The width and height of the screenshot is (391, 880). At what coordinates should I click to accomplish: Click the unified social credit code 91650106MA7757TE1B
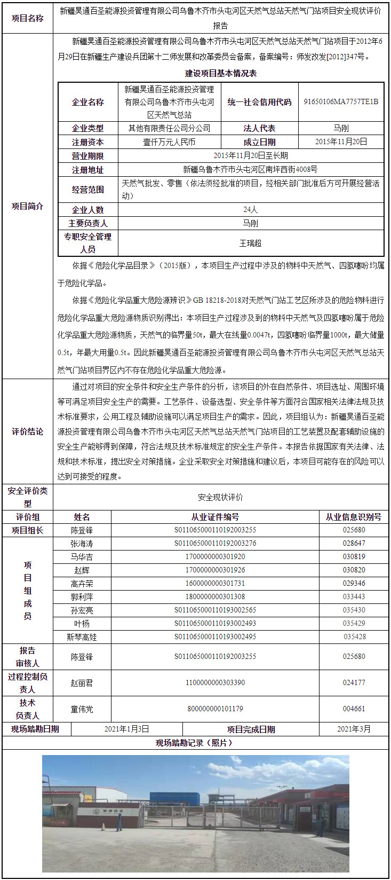[341, 101]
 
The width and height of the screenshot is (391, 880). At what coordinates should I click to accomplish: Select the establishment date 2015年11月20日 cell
[341, 142]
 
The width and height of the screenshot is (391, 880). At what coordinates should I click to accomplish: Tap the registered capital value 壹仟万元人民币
[169, 142]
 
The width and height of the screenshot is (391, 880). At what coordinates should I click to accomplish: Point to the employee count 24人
[250, 209]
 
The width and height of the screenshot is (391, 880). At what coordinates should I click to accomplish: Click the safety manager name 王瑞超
[250, 243]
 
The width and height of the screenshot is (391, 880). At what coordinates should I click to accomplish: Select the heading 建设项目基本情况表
[220, 73]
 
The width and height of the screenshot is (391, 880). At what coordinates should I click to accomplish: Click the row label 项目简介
[28, 206]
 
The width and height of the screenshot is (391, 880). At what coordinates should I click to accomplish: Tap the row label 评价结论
[28, 431]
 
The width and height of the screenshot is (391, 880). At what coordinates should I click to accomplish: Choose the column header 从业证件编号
[215, 517]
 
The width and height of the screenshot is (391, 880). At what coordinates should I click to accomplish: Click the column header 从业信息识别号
[354, 517]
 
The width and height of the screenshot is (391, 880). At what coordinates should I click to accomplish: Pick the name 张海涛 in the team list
[82, 544]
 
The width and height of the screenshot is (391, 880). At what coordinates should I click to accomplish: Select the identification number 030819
[354, 557]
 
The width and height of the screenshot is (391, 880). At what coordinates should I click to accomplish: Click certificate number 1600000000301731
[215, 584]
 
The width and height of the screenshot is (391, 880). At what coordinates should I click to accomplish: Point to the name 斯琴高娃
[82, 637]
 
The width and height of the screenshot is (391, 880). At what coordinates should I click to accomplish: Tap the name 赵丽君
[82, 683]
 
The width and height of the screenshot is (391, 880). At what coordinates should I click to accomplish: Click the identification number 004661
[354, 709]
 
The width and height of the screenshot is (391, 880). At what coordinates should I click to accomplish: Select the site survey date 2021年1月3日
[126, 729]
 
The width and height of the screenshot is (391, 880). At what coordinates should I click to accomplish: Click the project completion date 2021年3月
[354, 729]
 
